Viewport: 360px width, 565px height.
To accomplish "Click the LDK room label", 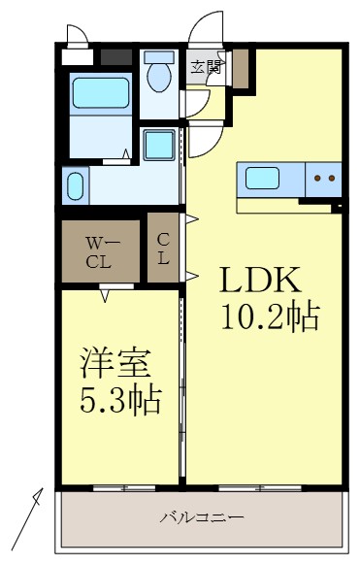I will click(261, 281).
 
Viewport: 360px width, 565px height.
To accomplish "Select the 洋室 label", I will click(115, 365).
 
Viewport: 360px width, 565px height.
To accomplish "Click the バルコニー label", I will click(201, 518).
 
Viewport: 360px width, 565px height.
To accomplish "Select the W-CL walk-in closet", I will click(100, 252).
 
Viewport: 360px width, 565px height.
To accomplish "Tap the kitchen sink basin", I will click(263, 178).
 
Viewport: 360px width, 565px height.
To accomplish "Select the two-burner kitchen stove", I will click(324, 179).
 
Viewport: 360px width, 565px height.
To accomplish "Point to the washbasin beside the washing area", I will click(76, 185).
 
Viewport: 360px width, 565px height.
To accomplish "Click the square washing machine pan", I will click(158, 146).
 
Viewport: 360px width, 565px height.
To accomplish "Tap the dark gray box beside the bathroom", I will click(115, 56).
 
